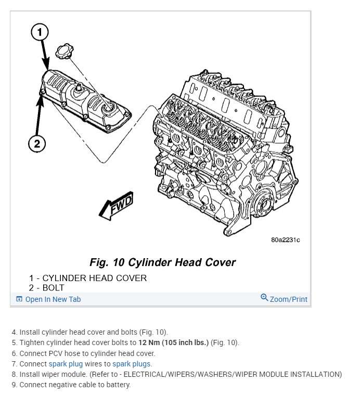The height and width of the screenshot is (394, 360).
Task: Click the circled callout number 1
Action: pyautogui.click(x=40, y=33)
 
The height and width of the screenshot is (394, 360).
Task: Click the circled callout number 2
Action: pyautogui.click(x=36, y=144)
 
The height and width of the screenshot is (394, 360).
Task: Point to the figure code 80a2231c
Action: pyautogui.click(x=285, y=240)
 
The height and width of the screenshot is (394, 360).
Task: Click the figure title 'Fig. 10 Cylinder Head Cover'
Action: pyautogui.click(x=162, y=262)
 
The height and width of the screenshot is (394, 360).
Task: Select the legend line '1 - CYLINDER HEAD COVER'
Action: pyautogui.click(x=88, y=278)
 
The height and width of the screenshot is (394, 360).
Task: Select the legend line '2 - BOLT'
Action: pyautogui.click(x=47, y=287)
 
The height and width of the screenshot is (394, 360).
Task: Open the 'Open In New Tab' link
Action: pyautogui.click(x=53, y=299)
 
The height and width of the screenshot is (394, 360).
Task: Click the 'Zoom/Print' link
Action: pyautogui.click(x=288, y=299)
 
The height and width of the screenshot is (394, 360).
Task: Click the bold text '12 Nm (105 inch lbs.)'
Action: pyautogui.click(x=173, y=342)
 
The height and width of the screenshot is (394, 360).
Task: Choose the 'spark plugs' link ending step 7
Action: pyautogui.click(x=132, y=364)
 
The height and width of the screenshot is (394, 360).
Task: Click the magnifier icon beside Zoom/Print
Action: pyautogui.click(x=264, y=298)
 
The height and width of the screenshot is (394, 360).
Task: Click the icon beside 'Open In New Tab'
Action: pyautogui.click(x=19, y=299)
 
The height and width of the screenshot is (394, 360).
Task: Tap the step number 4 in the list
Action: pyautogui.click(x=14, y=332)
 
